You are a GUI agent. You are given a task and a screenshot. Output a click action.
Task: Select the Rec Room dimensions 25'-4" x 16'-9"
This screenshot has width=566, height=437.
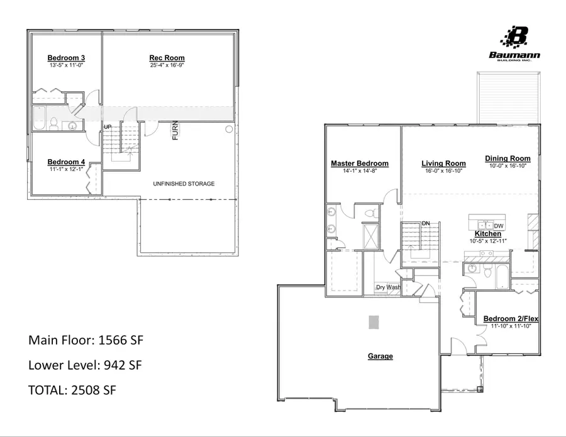point(167,65)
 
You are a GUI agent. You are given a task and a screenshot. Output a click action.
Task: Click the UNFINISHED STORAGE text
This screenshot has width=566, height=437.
point(184,184)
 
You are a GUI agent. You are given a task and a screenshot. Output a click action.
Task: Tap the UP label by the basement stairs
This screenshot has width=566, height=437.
point(108,127)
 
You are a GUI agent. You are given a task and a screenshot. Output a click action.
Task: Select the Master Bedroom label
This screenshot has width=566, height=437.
point(359,163)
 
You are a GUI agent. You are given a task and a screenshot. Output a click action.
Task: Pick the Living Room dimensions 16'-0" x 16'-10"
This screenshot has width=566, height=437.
point(443,171)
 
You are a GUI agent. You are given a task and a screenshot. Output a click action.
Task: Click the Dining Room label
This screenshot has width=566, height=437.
point(507,158)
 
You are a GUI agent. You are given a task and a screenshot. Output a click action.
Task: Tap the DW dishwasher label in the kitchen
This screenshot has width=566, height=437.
point(498,226)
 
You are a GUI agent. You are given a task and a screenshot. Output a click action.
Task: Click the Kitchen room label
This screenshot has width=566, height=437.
point(487,233)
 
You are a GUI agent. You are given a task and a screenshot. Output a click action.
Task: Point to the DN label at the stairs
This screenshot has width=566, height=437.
point(426,223)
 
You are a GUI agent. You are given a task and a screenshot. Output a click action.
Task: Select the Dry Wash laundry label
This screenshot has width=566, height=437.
point(388,287)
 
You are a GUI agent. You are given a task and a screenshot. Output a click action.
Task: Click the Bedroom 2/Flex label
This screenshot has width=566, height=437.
point(510,319)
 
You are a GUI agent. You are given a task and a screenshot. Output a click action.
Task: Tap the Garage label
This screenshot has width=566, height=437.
point(380,357)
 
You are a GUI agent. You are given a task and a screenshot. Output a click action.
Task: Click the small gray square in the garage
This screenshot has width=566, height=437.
point(374,321)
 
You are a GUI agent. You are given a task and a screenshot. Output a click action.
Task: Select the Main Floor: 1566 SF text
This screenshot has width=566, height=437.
point(86,340)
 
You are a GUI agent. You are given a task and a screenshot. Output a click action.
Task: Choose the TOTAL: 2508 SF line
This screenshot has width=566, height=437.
point(72,390)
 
